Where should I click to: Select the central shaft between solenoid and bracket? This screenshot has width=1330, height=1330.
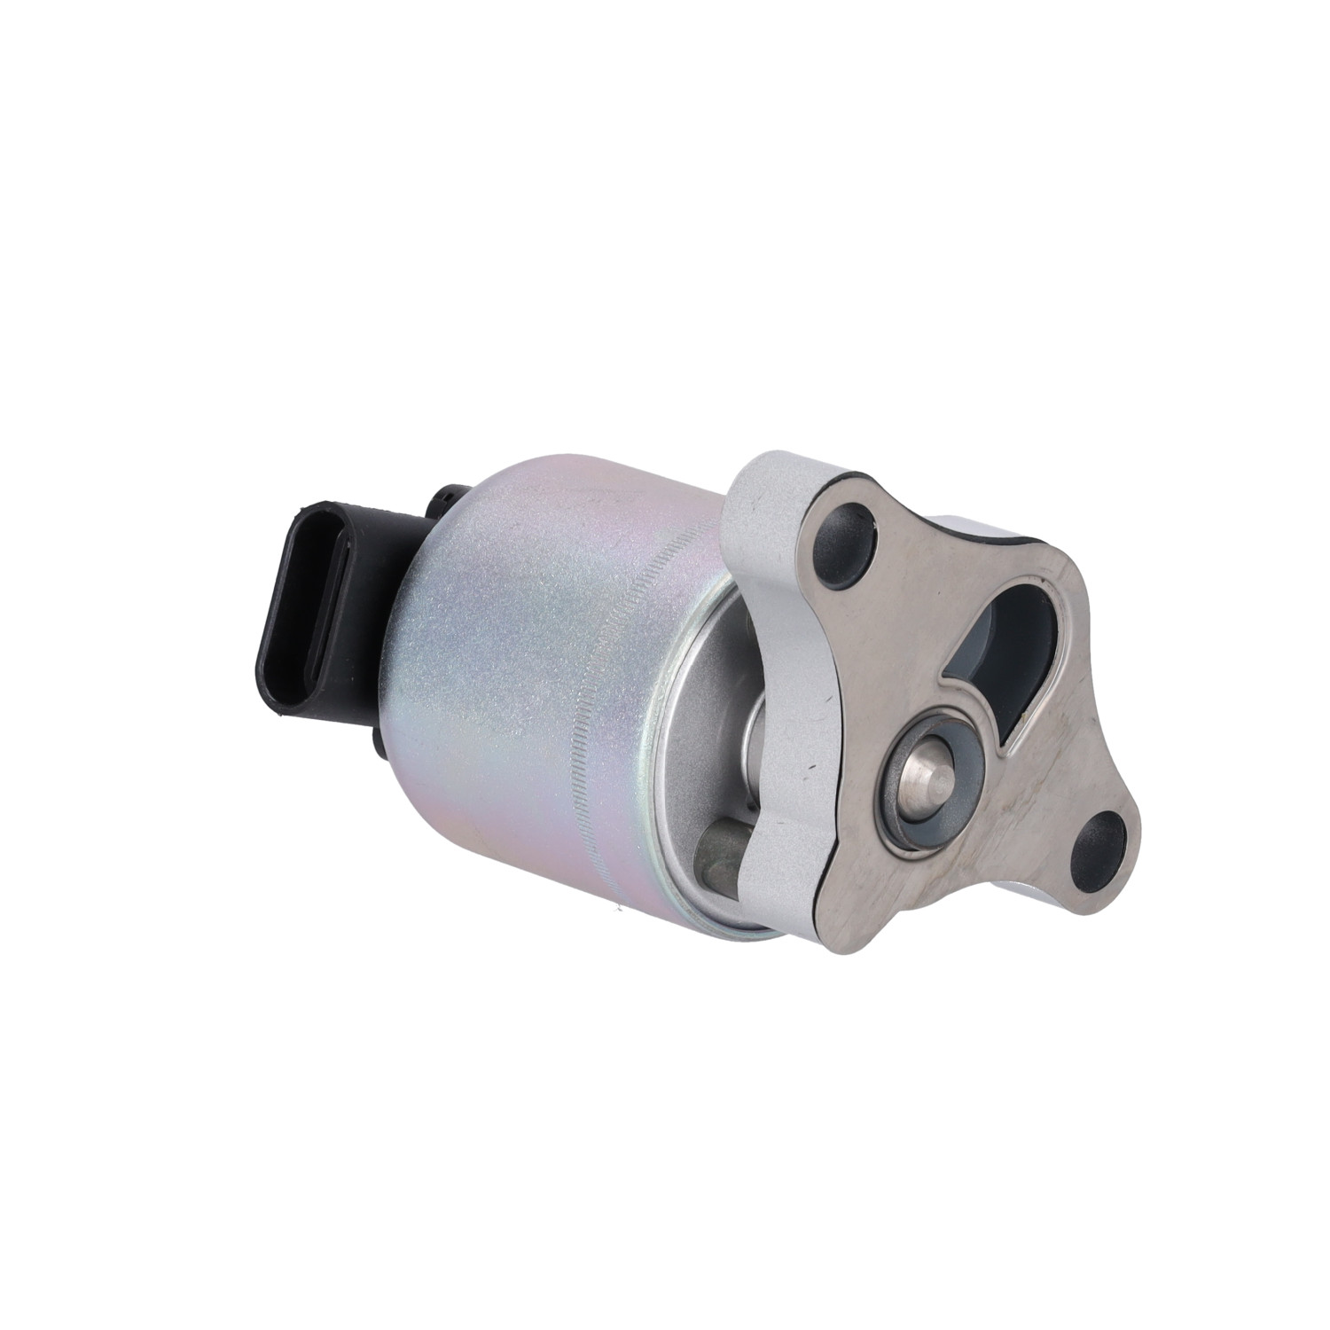click(x=759, y=718)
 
